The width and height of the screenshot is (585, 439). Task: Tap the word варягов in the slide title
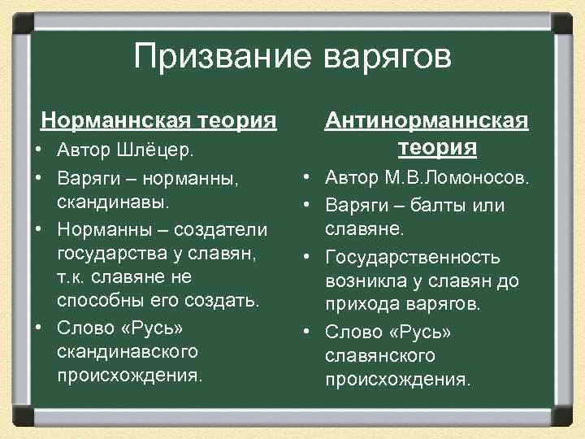point(387,58)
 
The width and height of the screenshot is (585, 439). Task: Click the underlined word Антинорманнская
point(427,121)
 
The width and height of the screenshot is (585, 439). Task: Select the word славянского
point(380,356)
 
